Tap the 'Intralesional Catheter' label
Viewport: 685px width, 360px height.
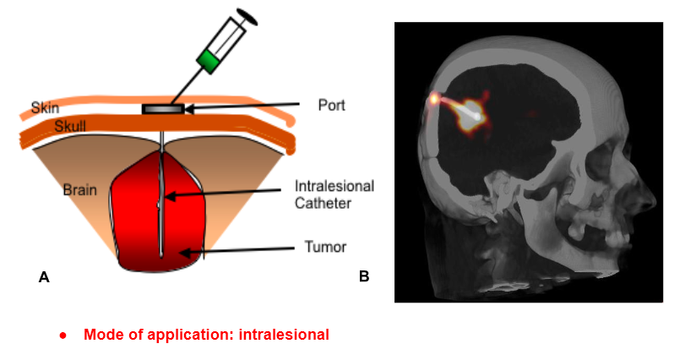tap(334, 194)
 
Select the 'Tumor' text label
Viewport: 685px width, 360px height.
tap(324, 248)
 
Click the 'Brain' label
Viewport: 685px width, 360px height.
tap(79, 190)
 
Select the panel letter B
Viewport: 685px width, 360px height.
tap(364, 275)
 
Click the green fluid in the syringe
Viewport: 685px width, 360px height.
tap(209, 58)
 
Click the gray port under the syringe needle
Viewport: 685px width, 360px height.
tap(163, 109)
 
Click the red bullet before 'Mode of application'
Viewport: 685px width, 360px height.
tap(63, 335)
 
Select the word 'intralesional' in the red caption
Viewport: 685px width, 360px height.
tap(284, 335)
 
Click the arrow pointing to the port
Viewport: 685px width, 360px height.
tap(245, 106)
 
